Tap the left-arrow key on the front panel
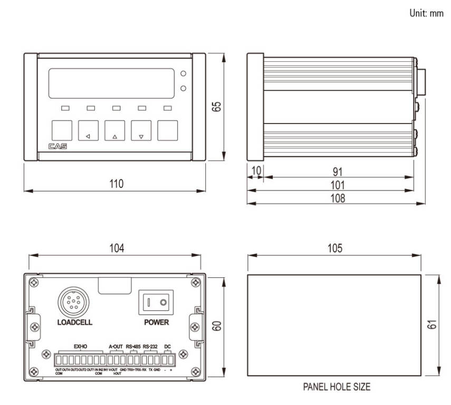pyautogui.click(x=88, y=130)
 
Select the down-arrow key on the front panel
pyautogui.click(x=141, y=130)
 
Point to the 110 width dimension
pyautogui.click(x=116, y=184)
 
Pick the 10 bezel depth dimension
pyautogui.click(x=256, y=172)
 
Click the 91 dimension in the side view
pyautogui.click(x=338, y=172)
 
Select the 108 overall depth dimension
pyautogui.click(x=338, y=198)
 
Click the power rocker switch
pyautogui.click(x=156, y=303)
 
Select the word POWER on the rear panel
pyautogui.click(x=156, y=322)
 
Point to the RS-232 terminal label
pyautogui.click(x=150, y=346)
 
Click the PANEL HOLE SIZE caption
pyautogui.click(x=336, y=387)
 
